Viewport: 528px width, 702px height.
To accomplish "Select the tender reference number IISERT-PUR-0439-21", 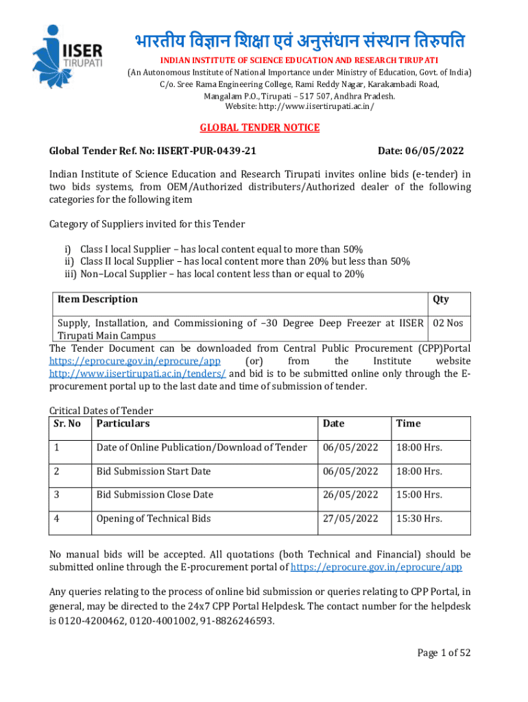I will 207,151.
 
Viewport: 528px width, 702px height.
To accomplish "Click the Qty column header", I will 441,299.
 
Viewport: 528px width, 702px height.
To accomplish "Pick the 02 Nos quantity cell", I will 448,323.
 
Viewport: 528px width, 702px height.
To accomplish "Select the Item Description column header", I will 97,299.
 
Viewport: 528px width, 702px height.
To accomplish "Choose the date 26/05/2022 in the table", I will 350,494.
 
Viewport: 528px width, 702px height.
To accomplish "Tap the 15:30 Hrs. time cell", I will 419,518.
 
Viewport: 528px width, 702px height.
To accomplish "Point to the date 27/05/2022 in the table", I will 350,518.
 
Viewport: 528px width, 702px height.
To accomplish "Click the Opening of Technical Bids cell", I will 154,518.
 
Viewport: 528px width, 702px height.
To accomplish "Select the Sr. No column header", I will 67,424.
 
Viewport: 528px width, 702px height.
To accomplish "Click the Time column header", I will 408,424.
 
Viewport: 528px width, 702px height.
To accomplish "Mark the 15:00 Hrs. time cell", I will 419,494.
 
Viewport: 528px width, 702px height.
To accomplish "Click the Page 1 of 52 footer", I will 444,653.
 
